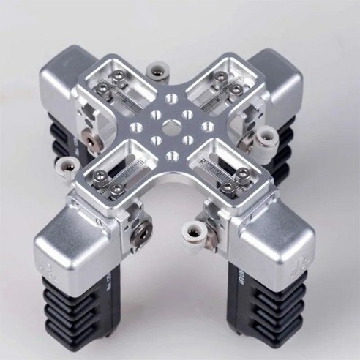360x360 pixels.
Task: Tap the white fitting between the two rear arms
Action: (x=155, y=71)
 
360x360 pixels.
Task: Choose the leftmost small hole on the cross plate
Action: (x=135, y=128)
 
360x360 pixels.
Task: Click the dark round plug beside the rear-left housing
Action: (x=89, y=138)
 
